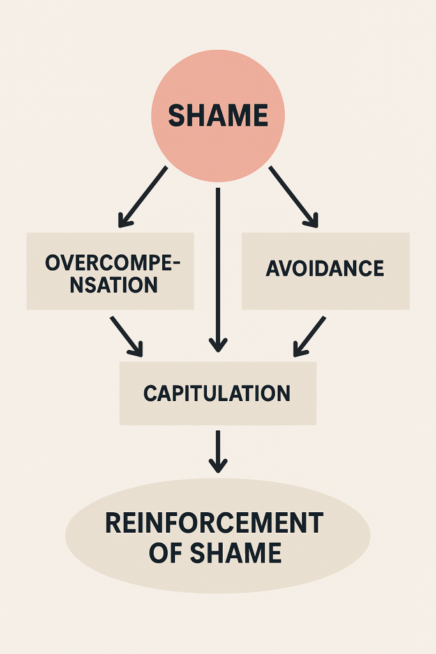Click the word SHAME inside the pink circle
click(218, 116)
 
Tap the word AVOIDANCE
click(325, 268)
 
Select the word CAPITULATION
click(217, 393)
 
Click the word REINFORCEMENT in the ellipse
click(214, 524)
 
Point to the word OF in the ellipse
click(163, 553)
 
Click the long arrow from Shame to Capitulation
click(218, 268)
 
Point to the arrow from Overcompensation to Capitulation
click(126, 335)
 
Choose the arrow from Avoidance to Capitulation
click(310, 335)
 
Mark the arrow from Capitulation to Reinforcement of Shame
click(218, 451)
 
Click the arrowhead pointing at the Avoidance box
click(311, 220)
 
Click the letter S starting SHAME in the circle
click(176, 116)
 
